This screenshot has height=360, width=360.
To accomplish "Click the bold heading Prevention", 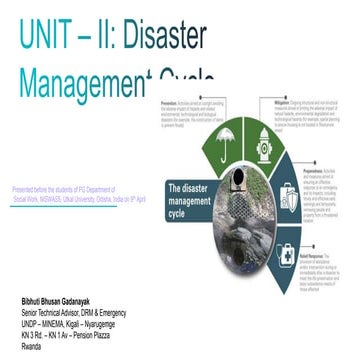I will pos(171,101).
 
